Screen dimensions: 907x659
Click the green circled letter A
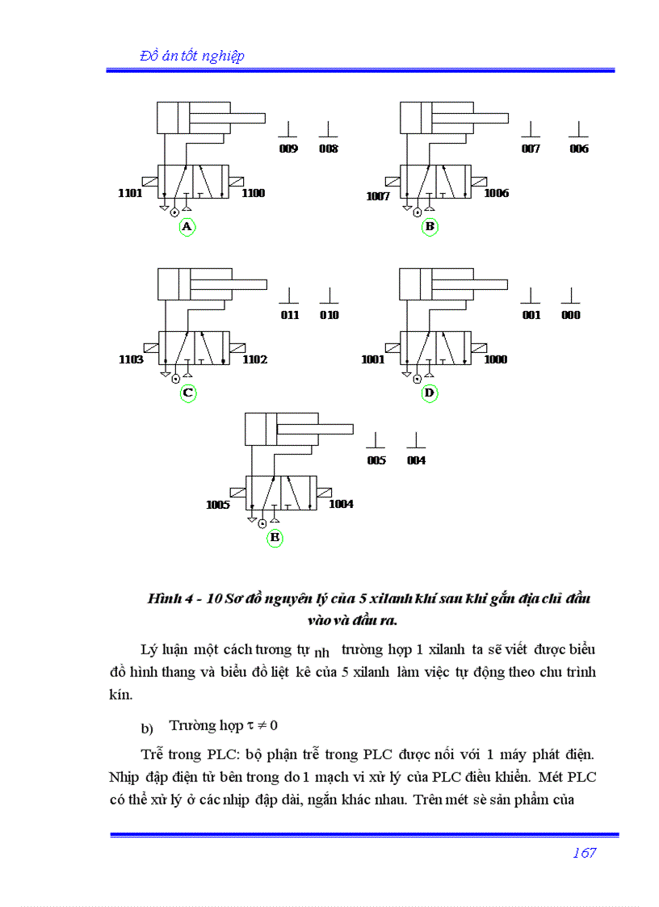tap(187, 227)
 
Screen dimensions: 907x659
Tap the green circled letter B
tap(430, 227)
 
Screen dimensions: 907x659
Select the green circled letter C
tap(187, 393)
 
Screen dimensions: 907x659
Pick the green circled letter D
tap(430, 393)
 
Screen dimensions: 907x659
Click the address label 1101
tap(130, 194)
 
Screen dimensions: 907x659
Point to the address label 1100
tap(253, 194)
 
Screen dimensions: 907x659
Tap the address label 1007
tap(378, 196)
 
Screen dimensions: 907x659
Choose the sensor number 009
tap(288, 149)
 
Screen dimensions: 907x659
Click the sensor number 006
tap(579, 149)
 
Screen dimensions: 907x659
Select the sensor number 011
tap(290, 315)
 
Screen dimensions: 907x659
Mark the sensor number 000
tap(571, 315)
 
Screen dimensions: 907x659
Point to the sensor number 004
tap(416, 460)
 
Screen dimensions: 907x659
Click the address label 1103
tap(131, 359)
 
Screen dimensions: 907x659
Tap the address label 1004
tap(341, 504)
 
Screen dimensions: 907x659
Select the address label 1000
tap(496, 359)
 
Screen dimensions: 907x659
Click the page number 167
tap(584, 853)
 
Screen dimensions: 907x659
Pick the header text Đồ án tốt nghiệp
tap(192, 56)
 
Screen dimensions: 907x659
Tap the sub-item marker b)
tap(147, 729)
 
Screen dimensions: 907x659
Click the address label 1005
tap(218, 506)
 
